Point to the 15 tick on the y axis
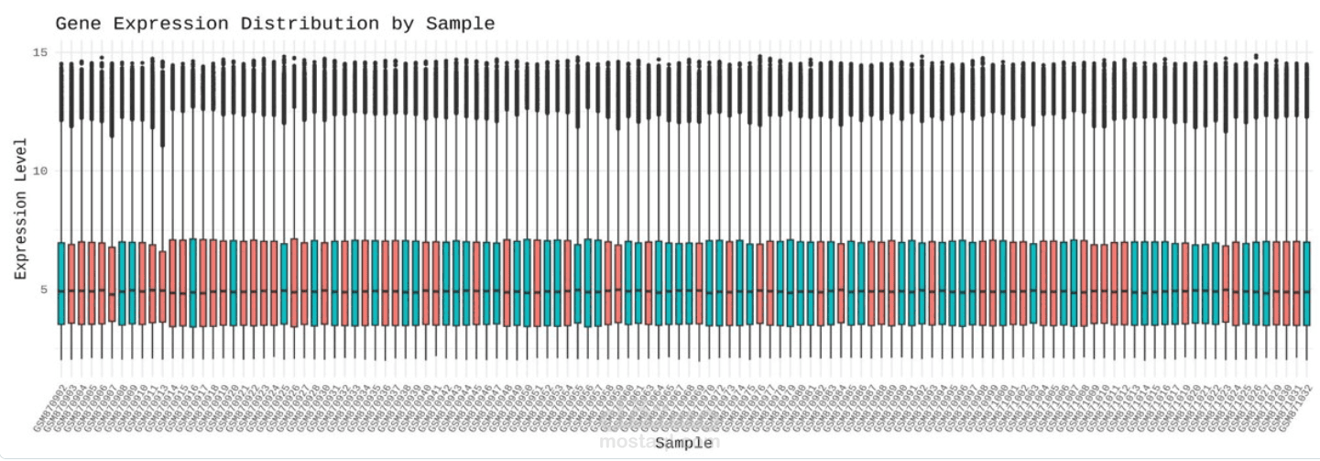[x=39, y=52]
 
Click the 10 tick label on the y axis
[x=39, y=171]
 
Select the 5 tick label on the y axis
[x=43, y=291]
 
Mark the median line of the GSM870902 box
[x=61, y=291]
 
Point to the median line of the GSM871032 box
[x=1307, y=292]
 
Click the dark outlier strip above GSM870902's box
[x=61, y=92]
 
